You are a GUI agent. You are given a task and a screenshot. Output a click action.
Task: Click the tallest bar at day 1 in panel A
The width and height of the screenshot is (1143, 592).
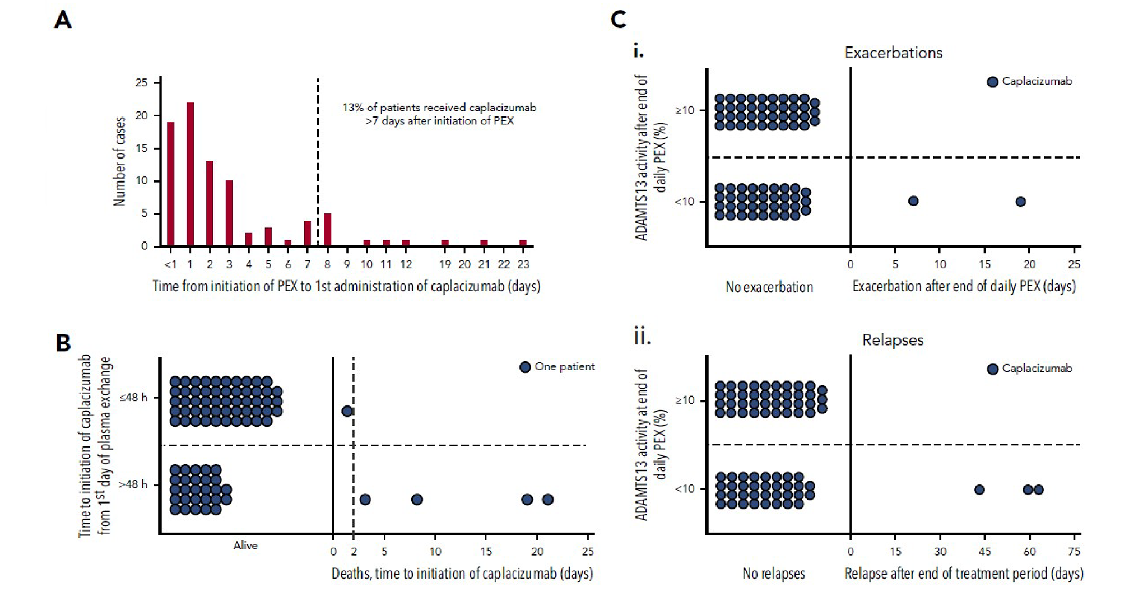pyautogui.click(x=190, y=174)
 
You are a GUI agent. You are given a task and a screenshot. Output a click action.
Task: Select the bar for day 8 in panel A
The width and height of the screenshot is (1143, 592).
pyautogui.click(x=327, y=230)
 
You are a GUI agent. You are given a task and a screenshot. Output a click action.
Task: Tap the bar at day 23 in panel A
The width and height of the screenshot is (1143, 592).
pyautogui.click(x=523, y=243)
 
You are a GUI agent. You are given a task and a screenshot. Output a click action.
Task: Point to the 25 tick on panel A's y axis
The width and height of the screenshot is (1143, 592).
pyautogui.click(x=141, y=83)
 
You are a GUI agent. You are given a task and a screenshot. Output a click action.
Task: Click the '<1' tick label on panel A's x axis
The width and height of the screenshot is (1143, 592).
pyautogui.click(x=170, y=264)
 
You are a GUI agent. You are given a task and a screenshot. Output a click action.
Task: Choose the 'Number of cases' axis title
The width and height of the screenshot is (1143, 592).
pyautogui.click(x=119, y=161)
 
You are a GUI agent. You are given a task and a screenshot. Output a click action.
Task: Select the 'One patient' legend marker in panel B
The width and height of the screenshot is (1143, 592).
pyautogui.click(x=525, y=367)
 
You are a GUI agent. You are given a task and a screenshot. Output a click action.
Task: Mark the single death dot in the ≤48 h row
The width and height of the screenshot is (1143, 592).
pyautogui.click(x=347, y=412)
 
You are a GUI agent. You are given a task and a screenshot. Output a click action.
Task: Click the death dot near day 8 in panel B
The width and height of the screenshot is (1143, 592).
pyautogui.click(x=417, y=500)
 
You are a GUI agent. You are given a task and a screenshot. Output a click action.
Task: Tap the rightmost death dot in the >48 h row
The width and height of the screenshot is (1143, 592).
pyautogui.click(x=548, y=500)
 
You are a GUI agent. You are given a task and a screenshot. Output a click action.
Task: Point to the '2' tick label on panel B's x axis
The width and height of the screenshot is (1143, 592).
pyautogui.click(x=354, y=552)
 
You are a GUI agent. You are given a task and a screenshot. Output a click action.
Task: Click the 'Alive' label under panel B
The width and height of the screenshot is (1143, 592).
pyautogui.click(x=245, y=546)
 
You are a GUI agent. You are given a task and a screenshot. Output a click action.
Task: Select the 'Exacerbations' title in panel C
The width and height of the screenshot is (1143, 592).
pyautogui.click(x=893, y=53)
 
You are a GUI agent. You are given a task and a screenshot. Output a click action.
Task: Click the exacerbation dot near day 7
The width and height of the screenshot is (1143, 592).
pyautogui.click(x=913, y=201)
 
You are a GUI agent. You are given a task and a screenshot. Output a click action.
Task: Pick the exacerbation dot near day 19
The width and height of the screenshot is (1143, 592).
pyautogui.click(x=1020, y=202)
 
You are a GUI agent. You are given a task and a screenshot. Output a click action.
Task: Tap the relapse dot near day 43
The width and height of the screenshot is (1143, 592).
pyautogui.click(x=979, y=490)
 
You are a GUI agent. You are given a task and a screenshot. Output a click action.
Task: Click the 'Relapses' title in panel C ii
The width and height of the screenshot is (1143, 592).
pyautogui.click(x=893, y=341)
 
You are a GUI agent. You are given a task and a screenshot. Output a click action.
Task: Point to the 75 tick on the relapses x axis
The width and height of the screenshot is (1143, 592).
pyautogui.click(x=1074, y=552)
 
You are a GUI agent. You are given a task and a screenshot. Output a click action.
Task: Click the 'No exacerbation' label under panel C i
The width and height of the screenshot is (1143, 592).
pyautogui.click(x=769, y=287)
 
